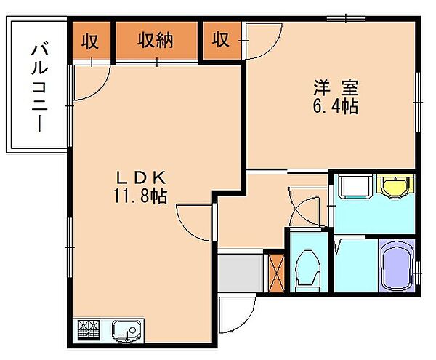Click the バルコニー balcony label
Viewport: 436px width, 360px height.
[39, 87]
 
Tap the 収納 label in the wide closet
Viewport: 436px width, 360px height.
[156, 40]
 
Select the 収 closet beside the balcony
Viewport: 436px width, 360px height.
[90, 41]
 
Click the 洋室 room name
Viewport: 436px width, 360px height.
[336, 87]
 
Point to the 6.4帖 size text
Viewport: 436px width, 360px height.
[336, 106]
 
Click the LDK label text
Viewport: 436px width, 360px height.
[141, 177]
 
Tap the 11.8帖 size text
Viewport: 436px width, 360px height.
[140, 196]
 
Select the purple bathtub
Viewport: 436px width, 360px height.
[397, 265]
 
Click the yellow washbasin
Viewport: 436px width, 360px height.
[395, 185]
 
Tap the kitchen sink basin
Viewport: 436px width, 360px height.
[126, 331]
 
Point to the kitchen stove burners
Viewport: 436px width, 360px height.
[89, 330]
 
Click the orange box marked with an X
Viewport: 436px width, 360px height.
[278, 273]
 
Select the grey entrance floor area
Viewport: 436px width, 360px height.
[241, 273]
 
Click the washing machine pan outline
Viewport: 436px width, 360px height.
[355, 186]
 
